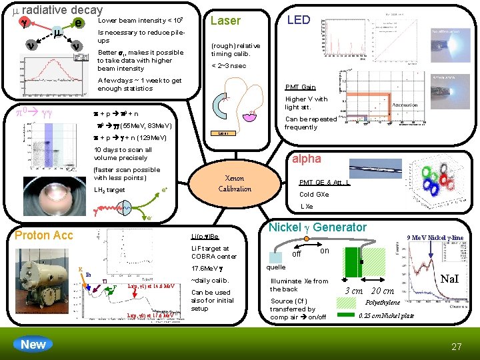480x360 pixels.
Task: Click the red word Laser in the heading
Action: [225, 21]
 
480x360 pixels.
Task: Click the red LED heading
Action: [298, 20]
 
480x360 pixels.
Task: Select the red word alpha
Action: [307, 159]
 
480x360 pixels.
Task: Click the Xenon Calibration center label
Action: [235, 183]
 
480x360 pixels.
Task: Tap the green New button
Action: [33, 344]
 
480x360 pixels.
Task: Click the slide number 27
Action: [456, 347]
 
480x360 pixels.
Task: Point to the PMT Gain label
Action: [300, 87]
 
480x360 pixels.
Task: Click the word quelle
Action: [276, 267]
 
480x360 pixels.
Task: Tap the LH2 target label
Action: [109, 191]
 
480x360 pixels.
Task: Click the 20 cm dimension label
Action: [384, 291]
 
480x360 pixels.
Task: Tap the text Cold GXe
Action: [314, 195]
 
